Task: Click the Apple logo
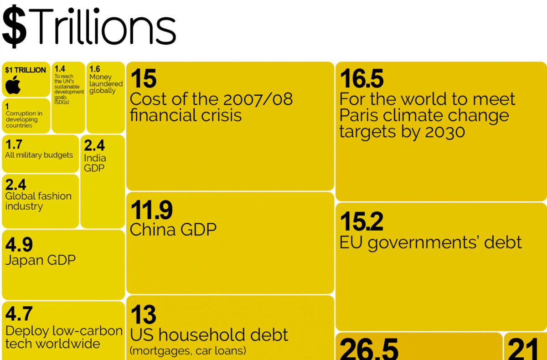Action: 13,85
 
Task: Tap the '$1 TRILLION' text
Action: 26,70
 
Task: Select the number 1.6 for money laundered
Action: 95,69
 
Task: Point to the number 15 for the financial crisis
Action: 143,79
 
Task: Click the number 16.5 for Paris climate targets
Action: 361,79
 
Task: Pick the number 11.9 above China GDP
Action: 151,210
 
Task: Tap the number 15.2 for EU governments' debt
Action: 361,222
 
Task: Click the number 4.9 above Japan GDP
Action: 19,245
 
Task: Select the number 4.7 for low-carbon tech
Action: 19,314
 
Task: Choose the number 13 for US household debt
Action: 143,315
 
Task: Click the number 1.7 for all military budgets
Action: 14,145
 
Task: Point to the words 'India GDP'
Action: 95,163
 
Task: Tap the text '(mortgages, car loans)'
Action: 188,350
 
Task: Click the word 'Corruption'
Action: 21,113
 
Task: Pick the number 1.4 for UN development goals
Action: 60,69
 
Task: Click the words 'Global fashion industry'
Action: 38,201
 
